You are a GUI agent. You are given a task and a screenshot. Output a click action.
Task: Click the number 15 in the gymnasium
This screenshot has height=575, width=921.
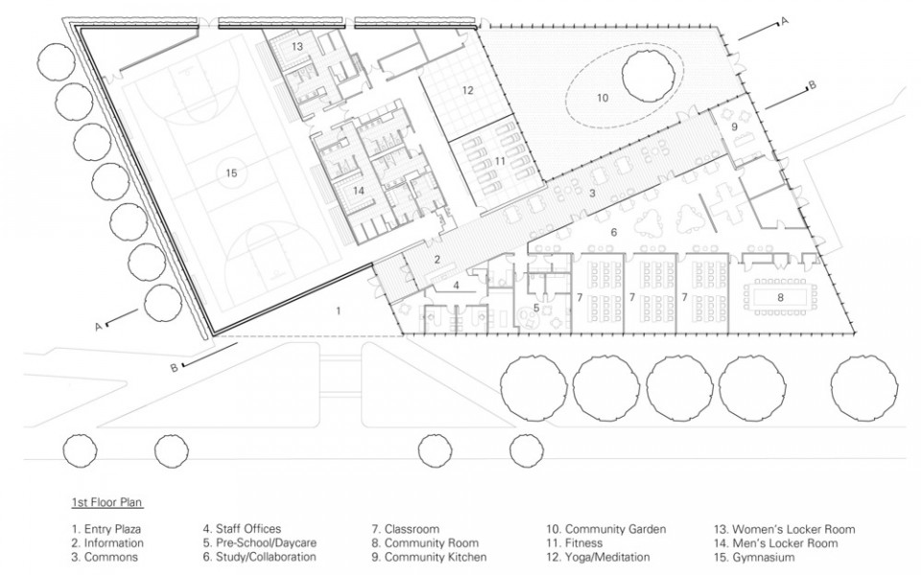(x=231, y=172)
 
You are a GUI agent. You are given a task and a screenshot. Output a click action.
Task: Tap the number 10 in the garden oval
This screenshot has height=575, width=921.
(x=602, y=98)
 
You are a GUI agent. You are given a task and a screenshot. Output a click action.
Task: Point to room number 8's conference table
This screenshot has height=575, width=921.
(x=781, y=298)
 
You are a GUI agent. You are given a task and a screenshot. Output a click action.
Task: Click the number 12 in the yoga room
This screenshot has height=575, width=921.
(x=467, y=90)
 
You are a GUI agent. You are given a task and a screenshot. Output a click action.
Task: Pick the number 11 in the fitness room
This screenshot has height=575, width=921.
(x=500, y=160)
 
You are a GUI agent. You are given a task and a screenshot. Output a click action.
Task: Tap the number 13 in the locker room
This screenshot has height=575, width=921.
(x=297, y=46)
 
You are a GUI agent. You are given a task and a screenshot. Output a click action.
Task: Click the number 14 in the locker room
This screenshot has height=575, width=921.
(x=359, y=191)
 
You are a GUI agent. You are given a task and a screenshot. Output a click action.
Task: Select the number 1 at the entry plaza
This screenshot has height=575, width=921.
(x=339, y=310)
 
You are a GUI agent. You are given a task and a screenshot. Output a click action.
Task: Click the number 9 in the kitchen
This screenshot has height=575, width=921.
(x=734, y=126)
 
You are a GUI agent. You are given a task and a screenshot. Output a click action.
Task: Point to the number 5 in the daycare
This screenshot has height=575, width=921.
(x=536, y=308)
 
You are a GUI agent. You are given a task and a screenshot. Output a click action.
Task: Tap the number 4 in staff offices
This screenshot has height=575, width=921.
(x=456, y=286)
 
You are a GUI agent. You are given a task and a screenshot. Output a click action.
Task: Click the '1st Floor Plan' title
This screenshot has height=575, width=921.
(x=106, y=502)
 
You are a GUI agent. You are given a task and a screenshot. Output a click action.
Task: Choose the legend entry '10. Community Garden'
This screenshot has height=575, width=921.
(x=606, y=529)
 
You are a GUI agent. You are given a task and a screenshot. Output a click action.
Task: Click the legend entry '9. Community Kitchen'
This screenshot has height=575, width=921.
(x=429, y=558)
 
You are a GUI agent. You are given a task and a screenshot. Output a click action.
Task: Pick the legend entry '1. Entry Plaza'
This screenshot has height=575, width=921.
(x=106, y=529)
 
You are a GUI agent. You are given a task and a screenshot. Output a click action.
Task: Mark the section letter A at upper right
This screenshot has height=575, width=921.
(x=784, y=22)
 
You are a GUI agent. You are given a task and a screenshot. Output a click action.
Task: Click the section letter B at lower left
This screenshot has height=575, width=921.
(x=174, y=368)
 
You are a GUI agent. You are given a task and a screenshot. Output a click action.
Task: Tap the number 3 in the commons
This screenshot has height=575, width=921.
(x=592, y=193)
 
